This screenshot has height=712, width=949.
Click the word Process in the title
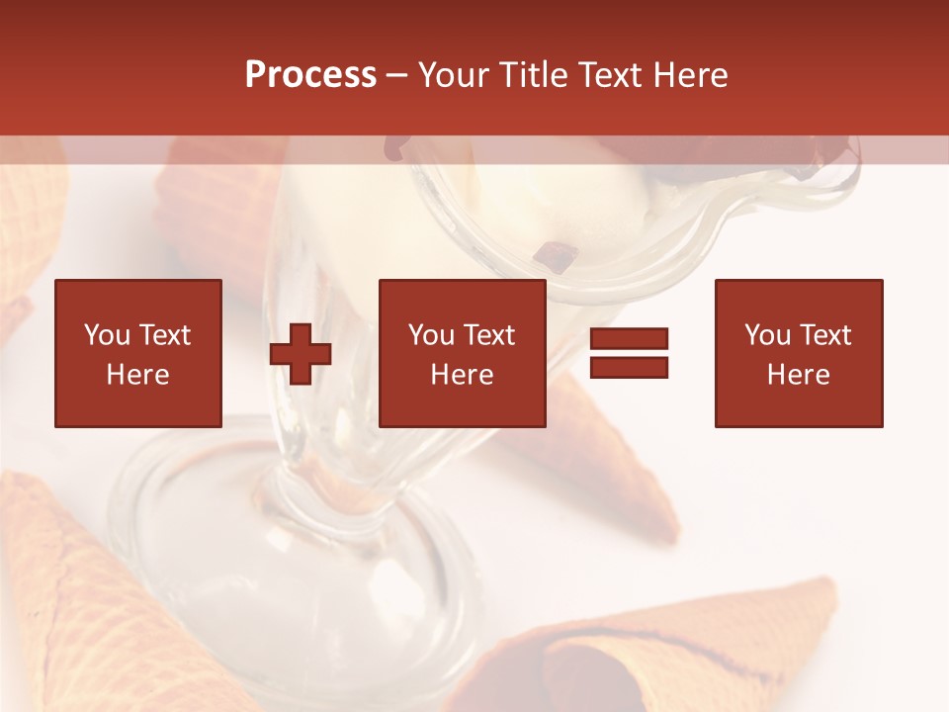click(x=310, y=76)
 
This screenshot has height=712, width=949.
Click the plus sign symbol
click(x=301, y=354)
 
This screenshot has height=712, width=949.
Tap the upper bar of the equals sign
click(x=629, y=339)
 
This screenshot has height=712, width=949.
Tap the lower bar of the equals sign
click(x=629, y=368)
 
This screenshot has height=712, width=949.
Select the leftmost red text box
click(x=138, y=353)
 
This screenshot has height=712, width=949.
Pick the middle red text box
click(x=463, y=353)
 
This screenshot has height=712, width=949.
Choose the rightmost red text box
click(x=799, y=353)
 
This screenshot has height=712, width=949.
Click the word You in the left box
click(x=107, y=335)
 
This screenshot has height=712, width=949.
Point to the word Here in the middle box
click(x=463, y=375)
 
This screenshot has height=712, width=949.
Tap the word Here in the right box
click(x=799, y=375)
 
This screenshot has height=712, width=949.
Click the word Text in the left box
click(x=164, y=335)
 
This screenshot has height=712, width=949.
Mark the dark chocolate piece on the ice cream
click(x=557, y=258)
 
